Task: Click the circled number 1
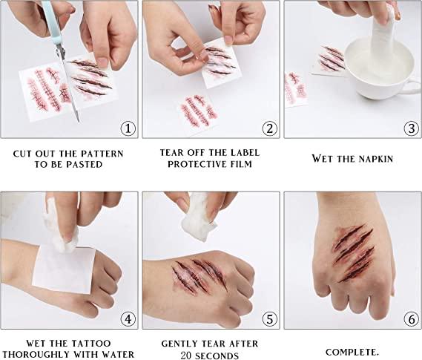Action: click(128, 128)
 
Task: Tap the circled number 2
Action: click(270, 128)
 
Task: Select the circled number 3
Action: click(412, 128)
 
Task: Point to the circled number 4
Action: click(128, 319)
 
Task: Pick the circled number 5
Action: click(270, 319)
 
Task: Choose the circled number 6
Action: click(412, 319)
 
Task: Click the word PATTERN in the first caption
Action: click(102, 154)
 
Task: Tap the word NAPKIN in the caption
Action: click(376, 159)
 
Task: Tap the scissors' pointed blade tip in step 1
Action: click(79, 121)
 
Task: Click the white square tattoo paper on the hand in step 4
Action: click(64, 270)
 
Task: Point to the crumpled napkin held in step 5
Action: click(199, 220)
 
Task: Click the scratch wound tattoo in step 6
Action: click(354, 252)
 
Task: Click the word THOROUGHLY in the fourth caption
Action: click(36, 354)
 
